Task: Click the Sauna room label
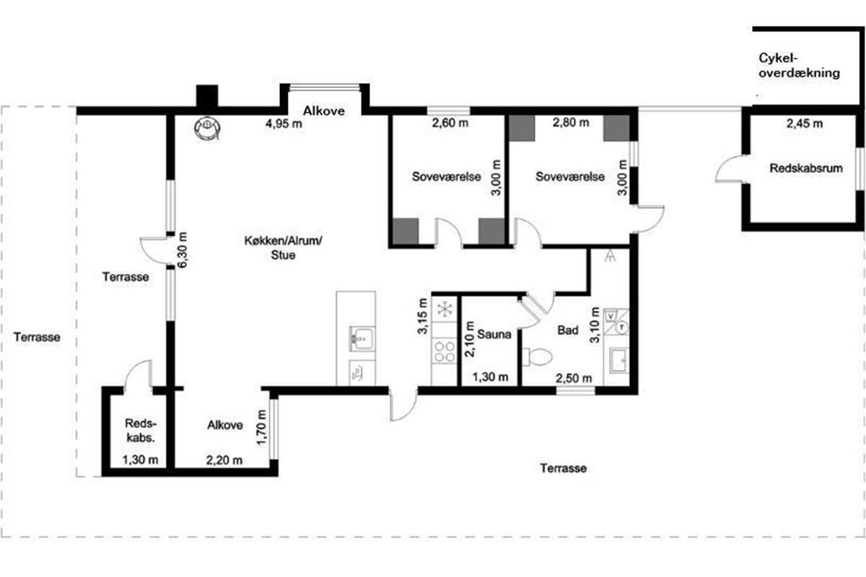click(494, 334)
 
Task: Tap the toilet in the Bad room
click(538, 357)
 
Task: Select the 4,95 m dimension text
click(284, 123)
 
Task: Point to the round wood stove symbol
click(208, 128)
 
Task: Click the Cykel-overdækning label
click(799, 66)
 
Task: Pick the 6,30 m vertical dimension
click(182, 250)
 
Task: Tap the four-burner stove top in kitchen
click(445, 351)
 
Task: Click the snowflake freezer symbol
click(445, 309)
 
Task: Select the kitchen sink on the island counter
click(362, 339)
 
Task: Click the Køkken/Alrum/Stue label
click(284, 247)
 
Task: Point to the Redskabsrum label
click(806, 169)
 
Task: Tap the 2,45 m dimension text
click(805, 123)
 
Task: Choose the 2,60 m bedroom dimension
click(450, 123)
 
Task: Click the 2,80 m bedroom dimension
click(571, 123)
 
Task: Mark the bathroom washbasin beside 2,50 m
click(619, 360)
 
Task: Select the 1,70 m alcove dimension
click(262, 428)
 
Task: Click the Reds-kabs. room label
click(141, 431)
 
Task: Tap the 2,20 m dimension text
click(224, 460)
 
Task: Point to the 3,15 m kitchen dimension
click(422, 316)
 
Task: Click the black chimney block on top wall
click(207, 95)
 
